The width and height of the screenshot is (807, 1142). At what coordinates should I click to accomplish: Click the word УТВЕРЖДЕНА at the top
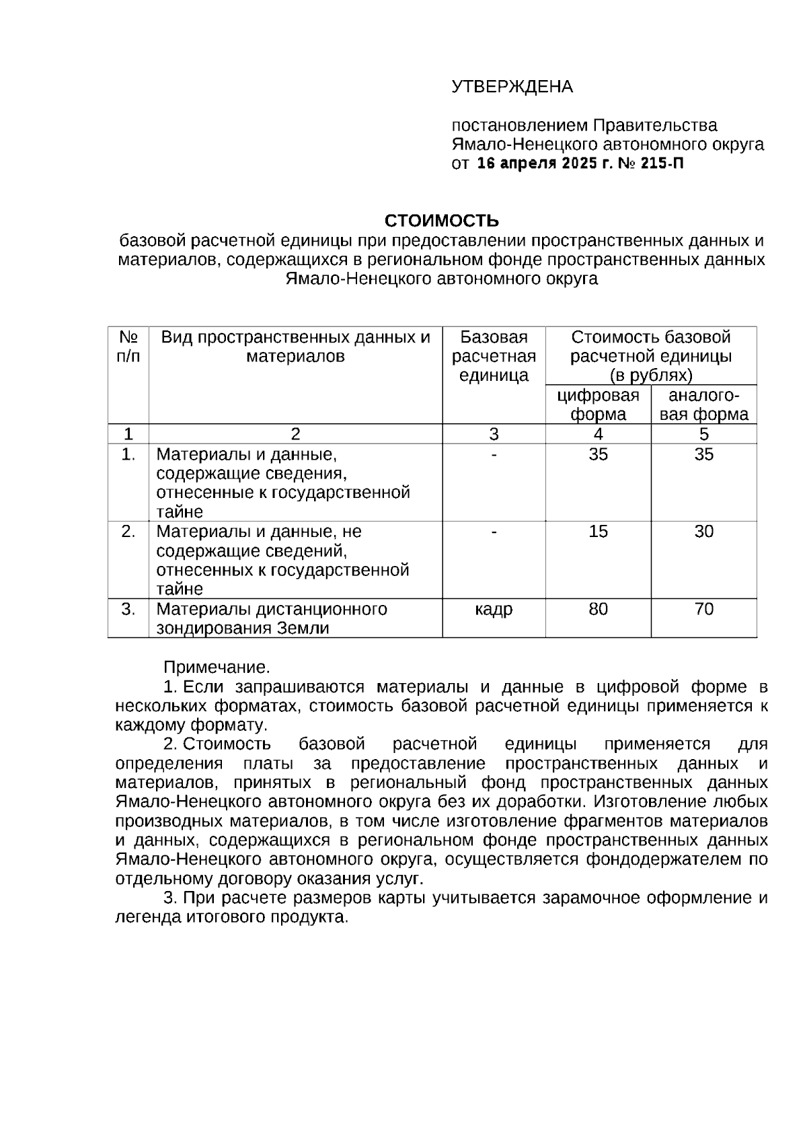point(512,87)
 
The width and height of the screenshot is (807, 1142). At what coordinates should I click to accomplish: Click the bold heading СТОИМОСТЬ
point(441,221)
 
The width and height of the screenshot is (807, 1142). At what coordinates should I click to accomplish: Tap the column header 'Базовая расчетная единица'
point(494,356)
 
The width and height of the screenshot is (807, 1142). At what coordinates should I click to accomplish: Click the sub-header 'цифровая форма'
point(598,404)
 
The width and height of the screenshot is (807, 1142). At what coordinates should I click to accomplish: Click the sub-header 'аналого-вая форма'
point(703,404)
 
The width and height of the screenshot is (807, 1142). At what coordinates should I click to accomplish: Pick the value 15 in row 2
point(598,532)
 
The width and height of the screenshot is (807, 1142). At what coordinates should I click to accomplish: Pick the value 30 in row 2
point(703,532)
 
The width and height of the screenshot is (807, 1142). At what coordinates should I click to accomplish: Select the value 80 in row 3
point(598,609)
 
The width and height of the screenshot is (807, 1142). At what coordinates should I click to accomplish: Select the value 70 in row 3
point(703,609)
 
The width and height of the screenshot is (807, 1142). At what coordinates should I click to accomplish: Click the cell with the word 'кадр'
point(494,609)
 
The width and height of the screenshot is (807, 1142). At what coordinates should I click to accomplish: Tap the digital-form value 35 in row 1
point(598,454)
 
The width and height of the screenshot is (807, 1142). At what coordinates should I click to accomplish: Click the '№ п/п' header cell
point(128,347)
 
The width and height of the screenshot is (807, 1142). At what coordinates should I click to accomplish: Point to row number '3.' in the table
point(128,609)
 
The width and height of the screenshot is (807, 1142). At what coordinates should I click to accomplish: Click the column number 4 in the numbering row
point(598,434)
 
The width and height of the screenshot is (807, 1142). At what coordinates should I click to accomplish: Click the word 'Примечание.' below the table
point(217,668)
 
